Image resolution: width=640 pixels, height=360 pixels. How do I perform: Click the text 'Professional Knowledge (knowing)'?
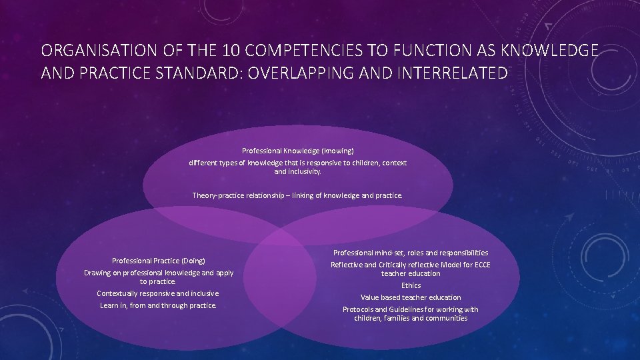[297, 151]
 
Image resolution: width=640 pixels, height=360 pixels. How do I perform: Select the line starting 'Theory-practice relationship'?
[297, 195]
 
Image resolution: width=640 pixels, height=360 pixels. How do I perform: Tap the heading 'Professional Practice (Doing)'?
[159, 261]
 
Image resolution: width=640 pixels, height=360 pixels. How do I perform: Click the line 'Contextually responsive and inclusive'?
[158, 293]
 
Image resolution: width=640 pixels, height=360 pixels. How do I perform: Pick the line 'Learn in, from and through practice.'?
[158, 305]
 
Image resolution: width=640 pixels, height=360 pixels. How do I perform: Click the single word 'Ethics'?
[411, 285]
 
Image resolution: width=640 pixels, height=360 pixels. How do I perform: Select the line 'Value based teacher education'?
[411, 297]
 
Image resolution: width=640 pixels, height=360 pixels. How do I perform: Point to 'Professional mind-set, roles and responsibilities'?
[411, 253]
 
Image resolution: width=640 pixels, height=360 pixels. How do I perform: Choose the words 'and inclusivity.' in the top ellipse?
[297, 171]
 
